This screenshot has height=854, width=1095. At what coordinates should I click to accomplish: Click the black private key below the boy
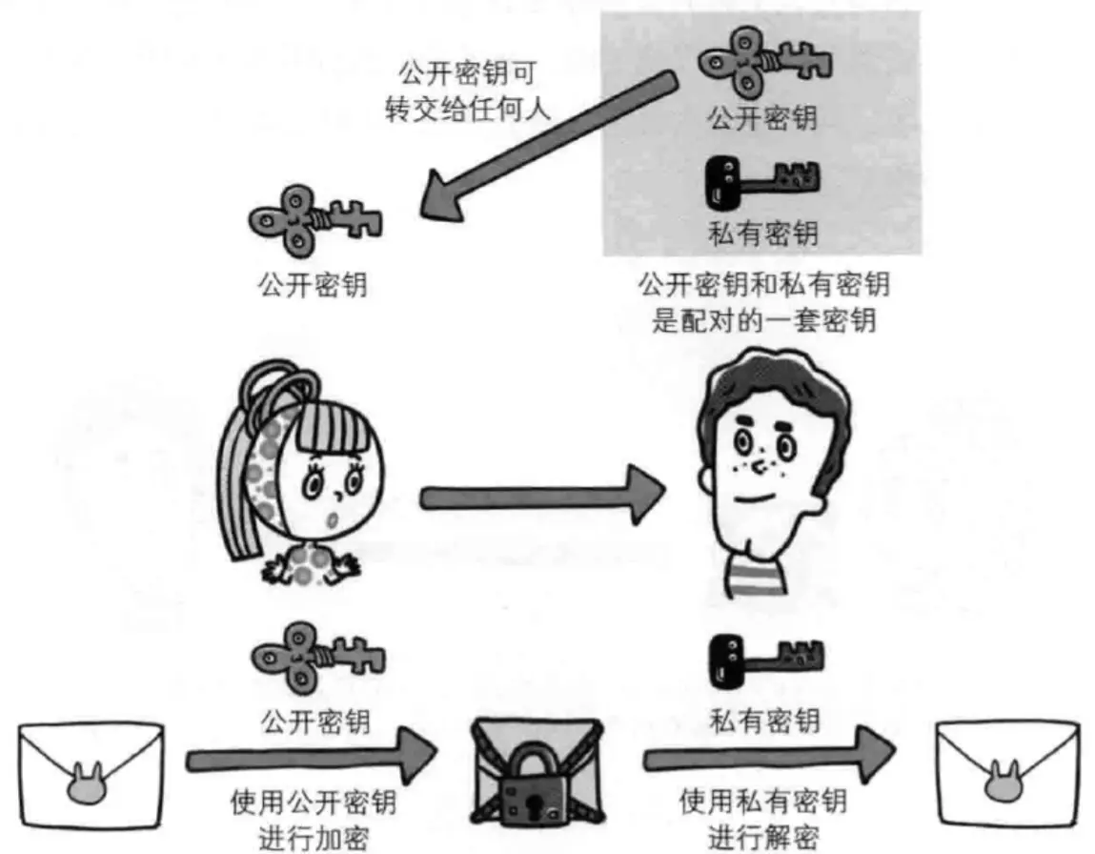pyautogui.click(x=764, y=658)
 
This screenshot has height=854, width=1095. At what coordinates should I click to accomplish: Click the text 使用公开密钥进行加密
pyautogui.click(x=314, y=819)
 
